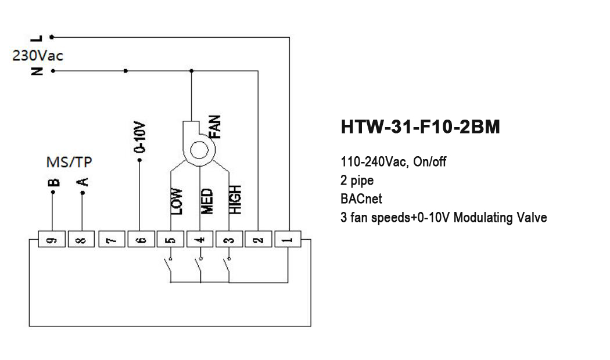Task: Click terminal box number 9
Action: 52,239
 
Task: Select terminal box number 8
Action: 81,239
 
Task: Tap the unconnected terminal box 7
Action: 111,239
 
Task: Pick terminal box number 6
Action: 141,239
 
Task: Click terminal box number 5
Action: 170,239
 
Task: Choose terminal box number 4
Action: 200,239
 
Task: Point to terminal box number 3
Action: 229,239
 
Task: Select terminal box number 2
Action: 259,239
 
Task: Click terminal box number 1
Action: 289,239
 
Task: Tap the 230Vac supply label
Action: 38,56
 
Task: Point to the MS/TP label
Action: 69,161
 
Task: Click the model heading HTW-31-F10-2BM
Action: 419,127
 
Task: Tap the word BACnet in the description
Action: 361,199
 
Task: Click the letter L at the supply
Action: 38,38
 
